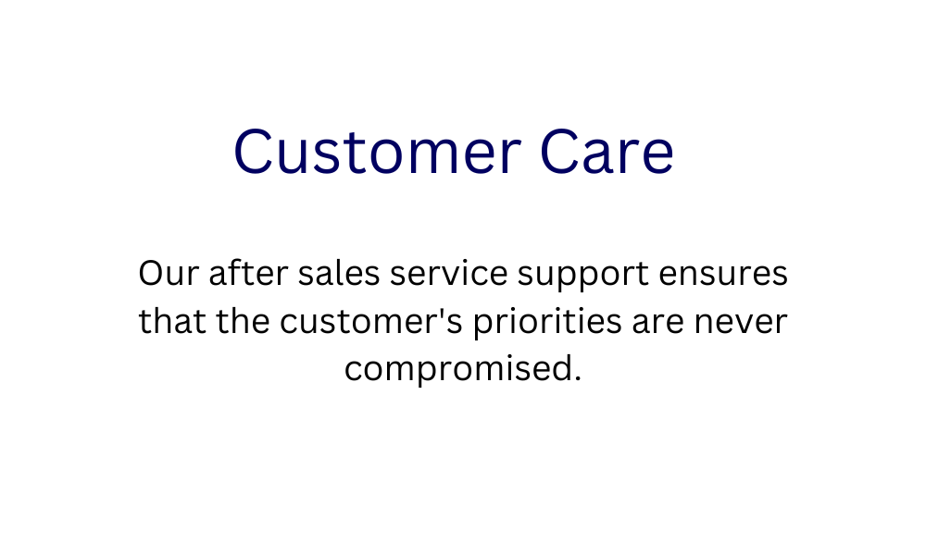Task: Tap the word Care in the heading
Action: point(607,152)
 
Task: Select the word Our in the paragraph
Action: point(169,274)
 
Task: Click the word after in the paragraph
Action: point(248,273)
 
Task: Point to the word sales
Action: point(338,273)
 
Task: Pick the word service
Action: point(449,273)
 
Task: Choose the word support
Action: point(582,276)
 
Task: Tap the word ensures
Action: point(723,274)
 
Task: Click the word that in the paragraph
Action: point(172,322)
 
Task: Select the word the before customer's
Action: point(243,322)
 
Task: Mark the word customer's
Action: point(371,322)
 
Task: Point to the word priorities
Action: point(547,323)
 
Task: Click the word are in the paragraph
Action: point(657,323)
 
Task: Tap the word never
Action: point(741,323)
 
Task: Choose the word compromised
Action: point(458,370)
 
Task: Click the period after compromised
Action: point(577,378)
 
